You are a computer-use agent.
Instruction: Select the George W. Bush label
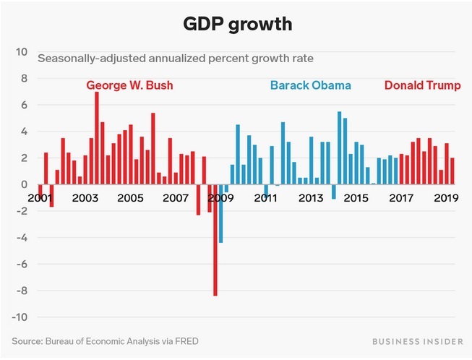(129, 85)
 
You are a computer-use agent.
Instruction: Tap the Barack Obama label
(310, 85)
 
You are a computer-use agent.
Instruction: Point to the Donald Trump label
(422, 85)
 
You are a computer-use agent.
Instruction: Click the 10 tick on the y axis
(22, 52)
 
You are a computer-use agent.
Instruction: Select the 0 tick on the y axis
(24, 184)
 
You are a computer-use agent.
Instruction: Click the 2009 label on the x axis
(220, 198)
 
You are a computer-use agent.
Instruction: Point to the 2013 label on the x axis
(310, 198)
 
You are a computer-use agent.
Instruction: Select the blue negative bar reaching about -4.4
(220, 213)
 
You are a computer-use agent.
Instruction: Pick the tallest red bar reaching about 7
(97, 137)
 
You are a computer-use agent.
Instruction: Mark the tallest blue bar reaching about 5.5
(340, 148)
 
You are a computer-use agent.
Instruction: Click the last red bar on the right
(452, 171)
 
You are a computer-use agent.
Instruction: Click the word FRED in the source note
(185, 340)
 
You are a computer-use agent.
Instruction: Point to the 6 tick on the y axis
(24, 105)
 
